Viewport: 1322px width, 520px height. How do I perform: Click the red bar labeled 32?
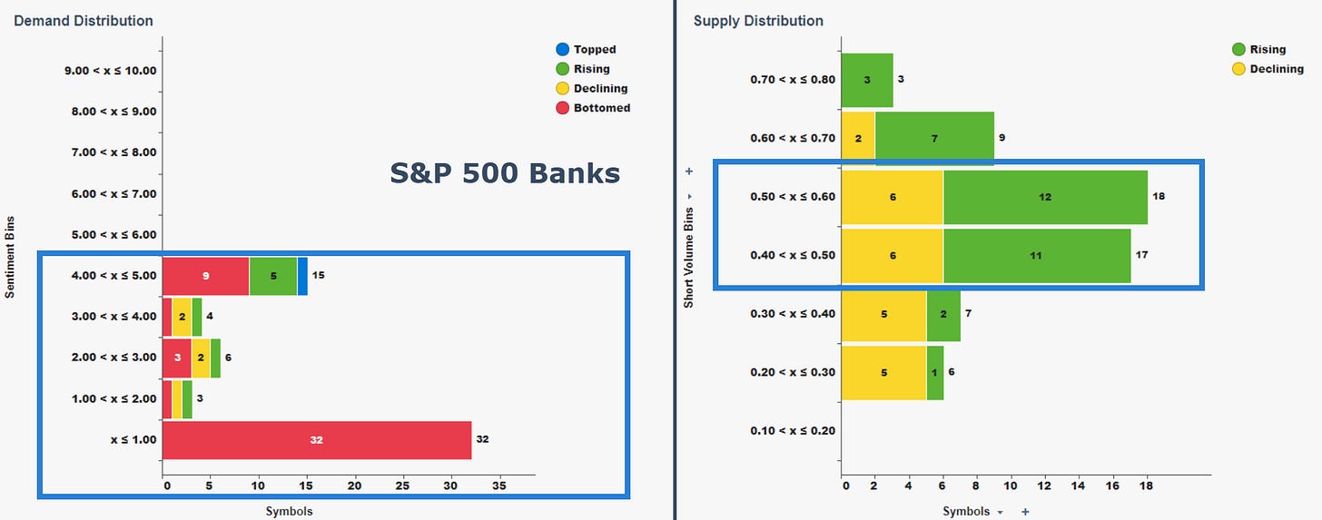(x=317, y=440)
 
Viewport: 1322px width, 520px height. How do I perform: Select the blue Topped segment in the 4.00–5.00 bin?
(x=302, y=276)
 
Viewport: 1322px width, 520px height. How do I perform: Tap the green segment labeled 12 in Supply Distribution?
(x=1045, y=198)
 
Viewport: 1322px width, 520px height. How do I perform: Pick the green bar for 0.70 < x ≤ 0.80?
(x=867, y=80)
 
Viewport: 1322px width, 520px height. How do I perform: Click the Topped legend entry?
(x=586, y=50)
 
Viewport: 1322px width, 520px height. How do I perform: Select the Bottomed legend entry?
(x=593, y=108)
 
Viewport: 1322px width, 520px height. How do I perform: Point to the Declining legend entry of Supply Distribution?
(x=1268, y=69)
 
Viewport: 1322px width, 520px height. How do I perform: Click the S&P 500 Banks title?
(x=505, y=173)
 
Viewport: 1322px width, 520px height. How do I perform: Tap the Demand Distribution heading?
(x=84, y=21)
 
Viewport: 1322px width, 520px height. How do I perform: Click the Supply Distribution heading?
(x=758, y=21)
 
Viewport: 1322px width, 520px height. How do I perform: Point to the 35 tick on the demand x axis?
(x=498, y=486)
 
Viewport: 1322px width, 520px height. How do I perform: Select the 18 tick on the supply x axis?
(x=1146, y=486)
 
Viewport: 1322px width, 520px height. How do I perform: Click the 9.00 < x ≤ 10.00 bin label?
(x=111, y=71)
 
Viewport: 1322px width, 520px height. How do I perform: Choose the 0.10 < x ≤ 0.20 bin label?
(x=793, y=431)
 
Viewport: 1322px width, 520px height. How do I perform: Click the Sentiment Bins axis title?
(x=9, y=257)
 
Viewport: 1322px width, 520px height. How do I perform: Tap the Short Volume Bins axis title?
(x=688, y=258)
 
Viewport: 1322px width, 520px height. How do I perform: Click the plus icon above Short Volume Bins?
(x=689, y=172)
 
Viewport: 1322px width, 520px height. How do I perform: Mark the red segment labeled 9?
(x=206, y=276)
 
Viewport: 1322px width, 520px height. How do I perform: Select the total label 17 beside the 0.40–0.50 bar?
(x=1142, y=255)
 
